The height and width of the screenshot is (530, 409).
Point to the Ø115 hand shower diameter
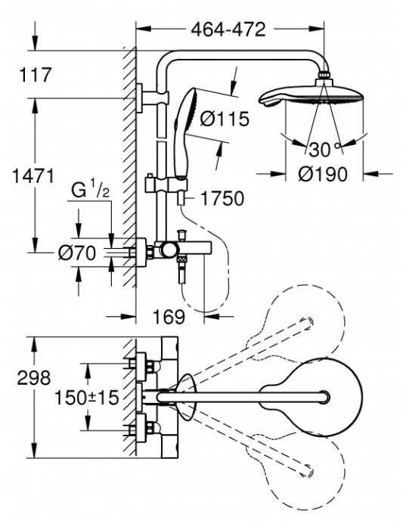[x=225, y=119]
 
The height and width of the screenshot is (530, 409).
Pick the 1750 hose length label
[x=222, y=199]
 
